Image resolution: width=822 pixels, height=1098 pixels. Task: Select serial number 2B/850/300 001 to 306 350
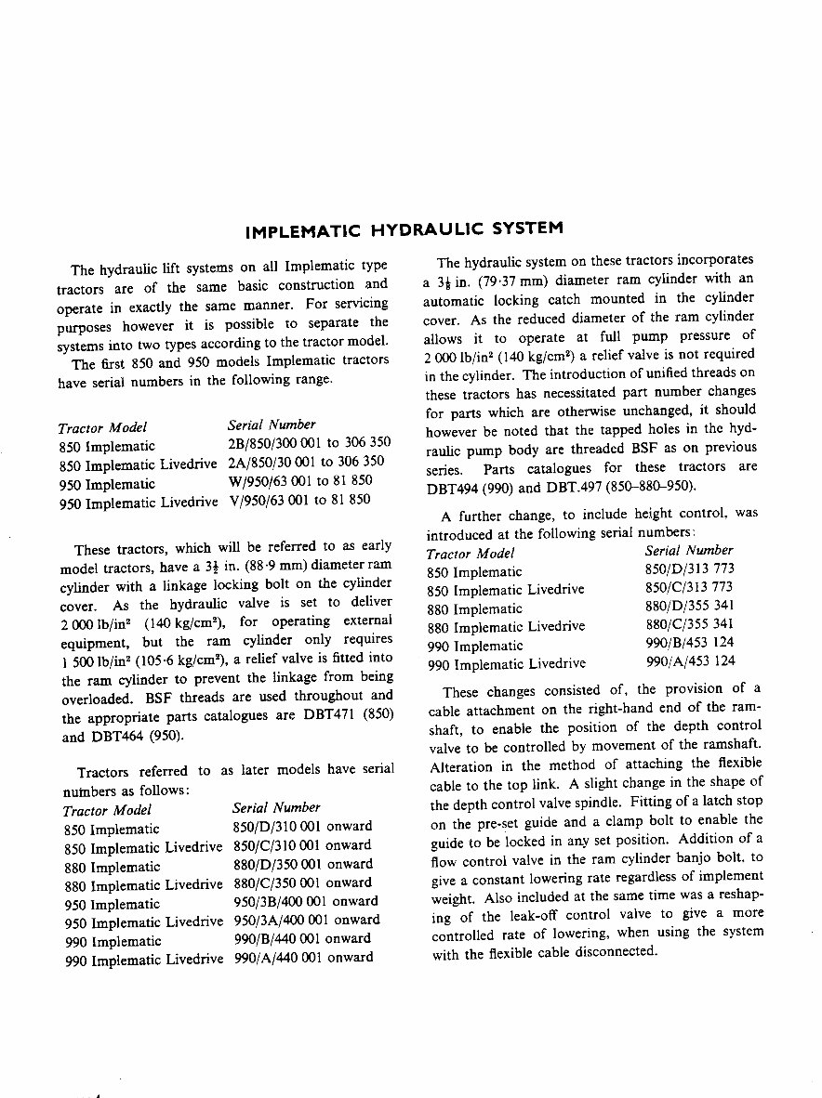pyautogui.click(x=309, y=443)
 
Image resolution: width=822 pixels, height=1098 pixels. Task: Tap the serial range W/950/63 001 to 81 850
pyautogui.click(x=299, y=483)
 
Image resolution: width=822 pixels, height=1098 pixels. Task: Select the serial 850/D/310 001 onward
pyautogui.click(x=301, y=826)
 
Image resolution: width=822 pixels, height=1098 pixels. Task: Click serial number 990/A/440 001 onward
pyautogui.click(x=303, y=957)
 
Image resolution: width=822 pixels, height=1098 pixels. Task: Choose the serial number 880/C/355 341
pyautogui.click(x=689, y=626)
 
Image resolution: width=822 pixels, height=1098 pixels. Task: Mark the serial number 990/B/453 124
pyautogui.click(x=689, y=645)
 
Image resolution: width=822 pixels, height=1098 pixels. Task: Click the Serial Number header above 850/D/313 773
pyautogui.click(x=689, y=551)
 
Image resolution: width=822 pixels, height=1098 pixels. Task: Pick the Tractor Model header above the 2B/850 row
pyautogui.click(x=102, y=427)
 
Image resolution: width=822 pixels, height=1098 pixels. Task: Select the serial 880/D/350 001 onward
pyautogui.click(x=301, y=864)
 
